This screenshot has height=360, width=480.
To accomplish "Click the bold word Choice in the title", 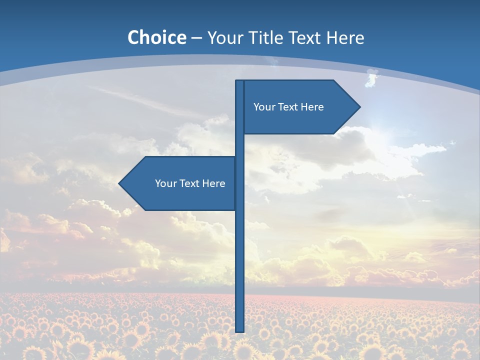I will tap(156, 37).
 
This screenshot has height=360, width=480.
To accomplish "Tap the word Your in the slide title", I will tap(224, 37).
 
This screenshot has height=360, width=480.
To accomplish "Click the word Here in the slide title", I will tap(345, 37).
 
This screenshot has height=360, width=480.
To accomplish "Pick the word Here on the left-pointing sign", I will tap(213, 183).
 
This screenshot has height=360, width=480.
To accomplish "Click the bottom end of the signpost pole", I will tap(240, 330).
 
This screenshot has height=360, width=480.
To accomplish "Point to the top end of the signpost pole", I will tap(240, 82).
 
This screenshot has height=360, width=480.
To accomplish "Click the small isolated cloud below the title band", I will tap(371, 79).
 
